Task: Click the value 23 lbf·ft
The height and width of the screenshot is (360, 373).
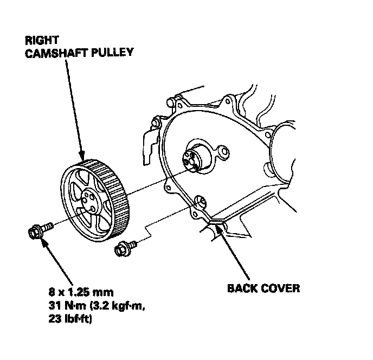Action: click(x=70, y=319)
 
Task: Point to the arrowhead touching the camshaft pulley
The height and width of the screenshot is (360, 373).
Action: click(x=82, y=156)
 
